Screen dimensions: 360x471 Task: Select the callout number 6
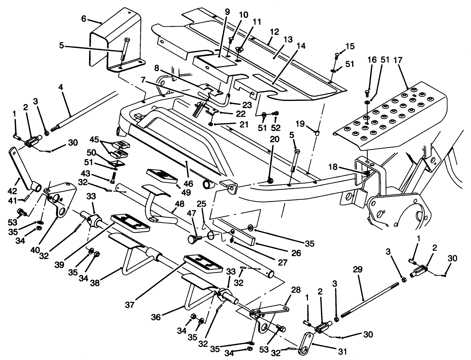click(84, 19)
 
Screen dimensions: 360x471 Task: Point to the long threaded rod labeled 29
click(370, 298)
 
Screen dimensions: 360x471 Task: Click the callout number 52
click(275, 128)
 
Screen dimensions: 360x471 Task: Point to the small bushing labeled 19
click(317, 132)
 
